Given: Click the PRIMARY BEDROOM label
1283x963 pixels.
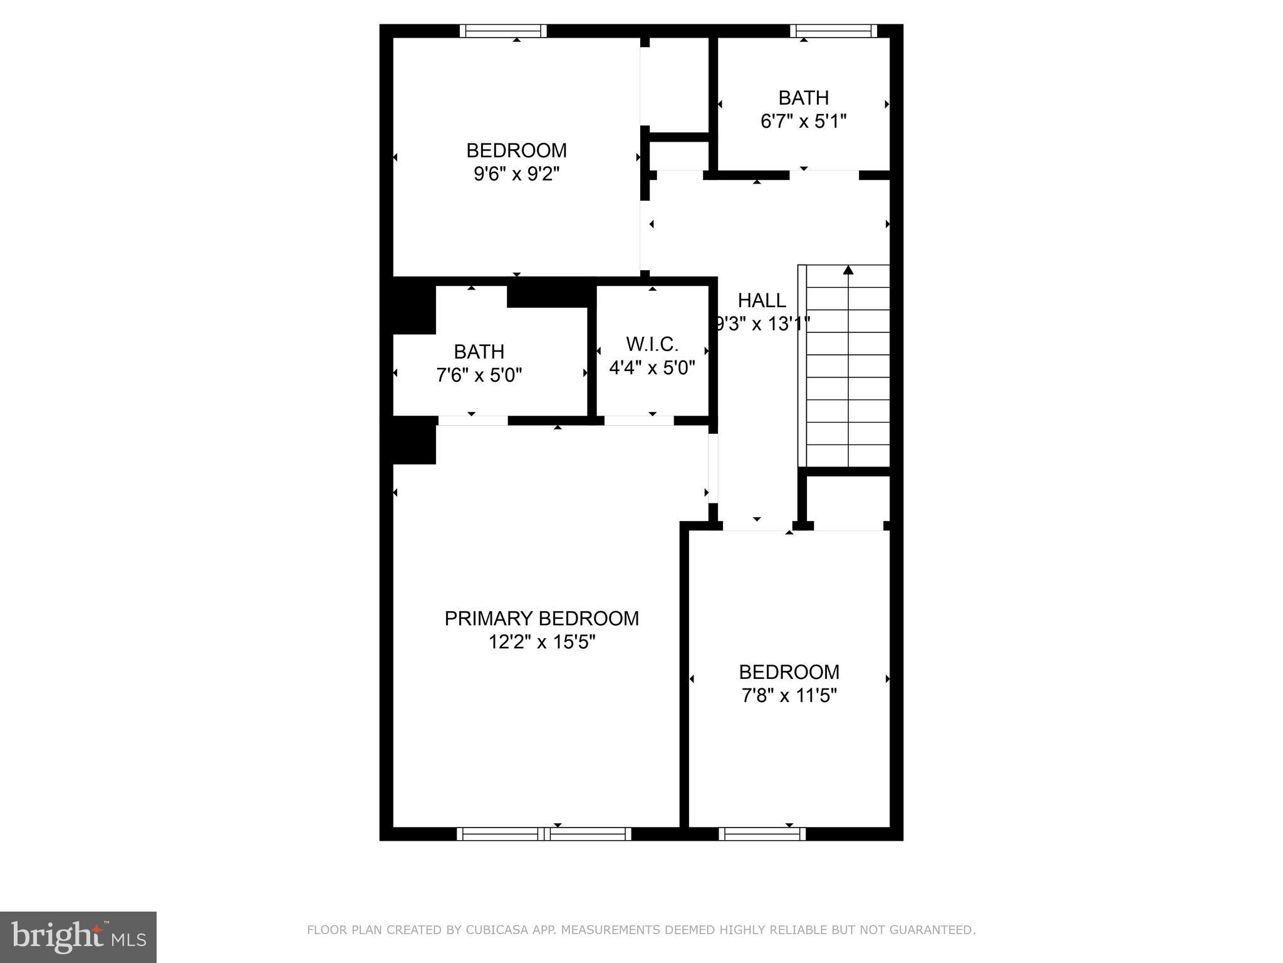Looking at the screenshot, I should tap(541, 619).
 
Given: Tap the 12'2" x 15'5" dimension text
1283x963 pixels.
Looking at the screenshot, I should tap(541, 643).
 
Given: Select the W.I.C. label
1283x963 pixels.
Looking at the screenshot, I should tap(652, 344).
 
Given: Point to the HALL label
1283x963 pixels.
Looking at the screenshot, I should tap(762, 301).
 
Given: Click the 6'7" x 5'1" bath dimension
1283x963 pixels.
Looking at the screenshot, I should tap(803, 121).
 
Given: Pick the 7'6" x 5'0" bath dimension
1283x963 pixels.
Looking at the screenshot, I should tap(479, 376).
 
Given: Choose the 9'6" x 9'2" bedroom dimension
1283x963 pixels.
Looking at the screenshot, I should tap(516, 174).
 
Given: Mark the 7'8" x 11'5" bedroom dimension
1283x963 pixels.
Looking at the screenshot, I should tap(789, 696).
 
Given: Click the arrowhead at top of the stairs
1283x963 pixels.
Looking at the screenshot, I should tap(848, 270).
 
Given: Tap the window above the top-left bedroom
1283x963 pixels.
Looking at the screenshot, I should tap(503, 31).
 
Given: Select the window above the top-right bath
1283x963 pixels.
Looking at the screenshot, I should tap(833, 31).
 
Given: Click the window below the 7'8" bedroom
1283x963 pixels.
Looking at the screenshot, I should tap(762, 834).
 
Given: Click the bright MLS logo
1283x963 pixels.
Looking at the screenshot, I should tap(78, 937).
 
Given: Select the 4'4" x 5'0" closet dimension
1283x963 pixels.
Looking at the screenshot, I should tap(652, 367).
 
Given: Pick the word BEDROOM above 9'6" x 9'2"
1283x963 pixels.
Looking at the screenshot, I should tap(516, 150).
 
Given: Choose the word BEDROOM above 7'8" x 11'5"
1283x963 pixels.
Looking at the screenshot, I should tap(789, 672).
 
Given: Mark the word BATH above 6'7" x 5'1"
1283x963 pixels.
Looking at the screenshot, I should tap(803, 98).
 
